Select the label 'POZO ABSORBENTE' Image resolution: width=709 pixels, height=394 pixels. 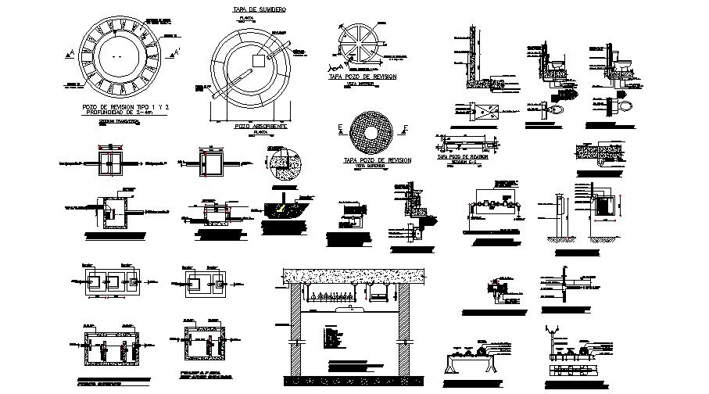261,125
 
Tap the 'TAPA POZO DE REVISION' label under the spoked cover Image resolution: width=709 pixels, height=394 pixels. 362,77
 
